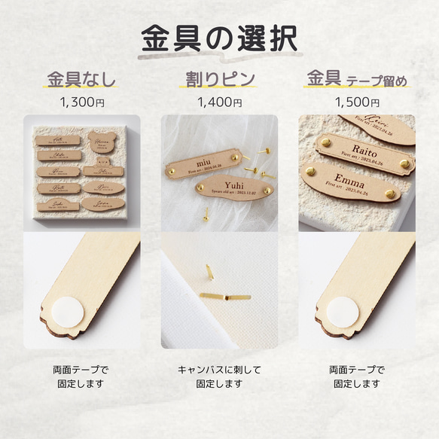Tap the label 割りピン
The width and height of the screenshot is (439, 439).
pos(218,78)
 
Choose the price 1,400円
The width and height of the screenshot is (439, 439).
pos(218,101)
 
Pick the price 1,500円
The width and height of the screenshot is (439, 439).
pos(357,101)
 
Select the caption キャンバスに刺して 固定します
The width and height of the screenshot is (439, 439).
pos(218,377)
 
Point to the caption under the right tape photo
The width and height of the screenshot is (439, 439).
pos(357,377)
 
